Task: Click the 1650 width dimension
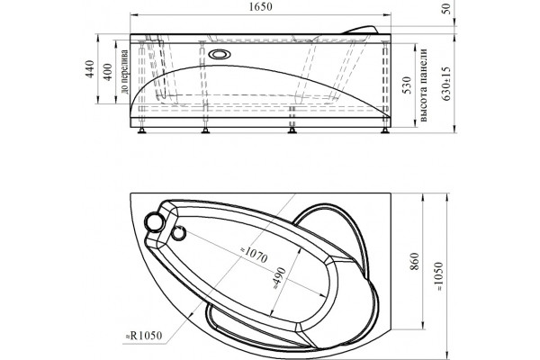pos(260,6)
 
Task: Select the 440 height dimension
pos(90,69)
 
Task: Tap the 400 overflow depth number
pos(108,72)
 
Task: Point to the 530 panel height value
pos(407,85)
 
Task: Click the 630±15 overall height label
pos(446,84)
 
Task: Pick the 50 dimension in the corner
pos(446,8)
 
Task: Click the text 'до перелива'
pos(124,72)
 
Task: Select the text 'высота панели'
pos(423,85)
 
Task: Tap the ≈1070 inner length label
pos(253,254)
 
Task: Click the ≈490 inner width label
pos(279,278)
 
